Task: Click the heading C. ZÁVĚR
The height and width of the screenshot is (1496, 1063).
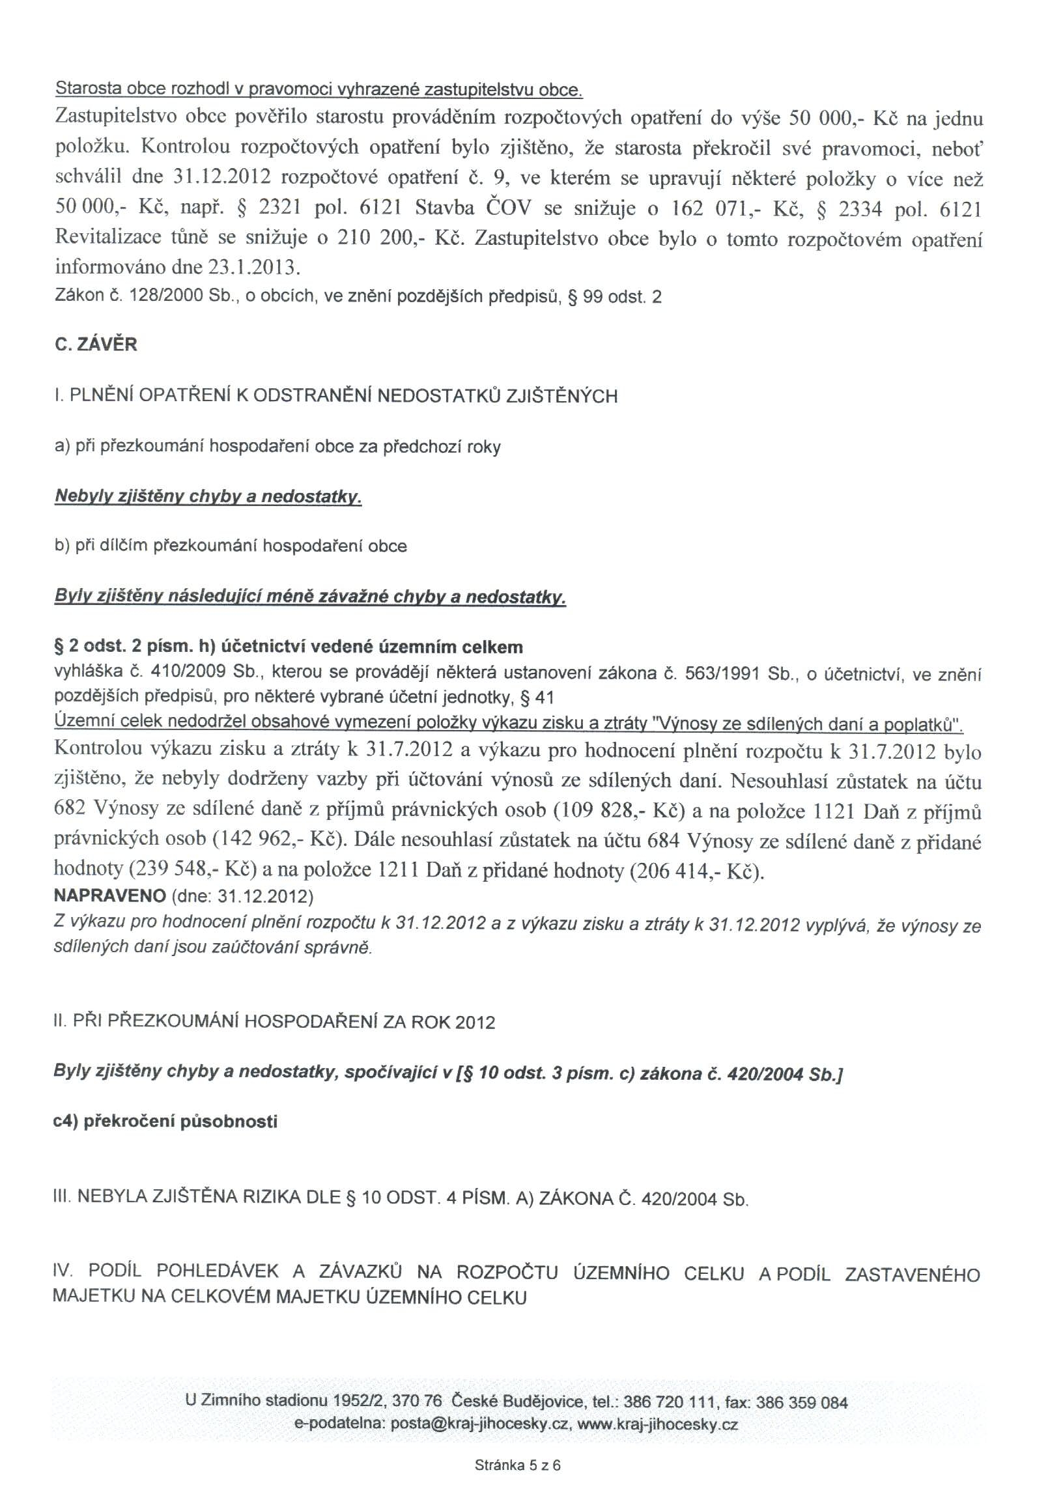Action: [x=96, y=345]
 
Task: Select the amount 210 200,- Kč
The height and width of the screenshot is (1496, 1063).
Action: [x=401, y=238]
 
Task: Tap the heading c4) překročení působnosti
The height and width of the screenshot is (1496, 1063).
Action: [x=165, y=1122]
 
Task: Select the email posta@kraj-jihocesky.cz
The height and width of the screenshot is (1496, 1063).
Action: [x=479, y=1424]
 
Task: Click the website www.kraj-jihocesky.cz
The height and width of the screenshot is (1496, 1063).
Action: [x=658, y=1424]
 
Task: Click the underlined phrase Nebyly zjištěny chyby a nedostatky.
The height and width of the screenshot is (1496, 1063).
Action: [x=208, y=497]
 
